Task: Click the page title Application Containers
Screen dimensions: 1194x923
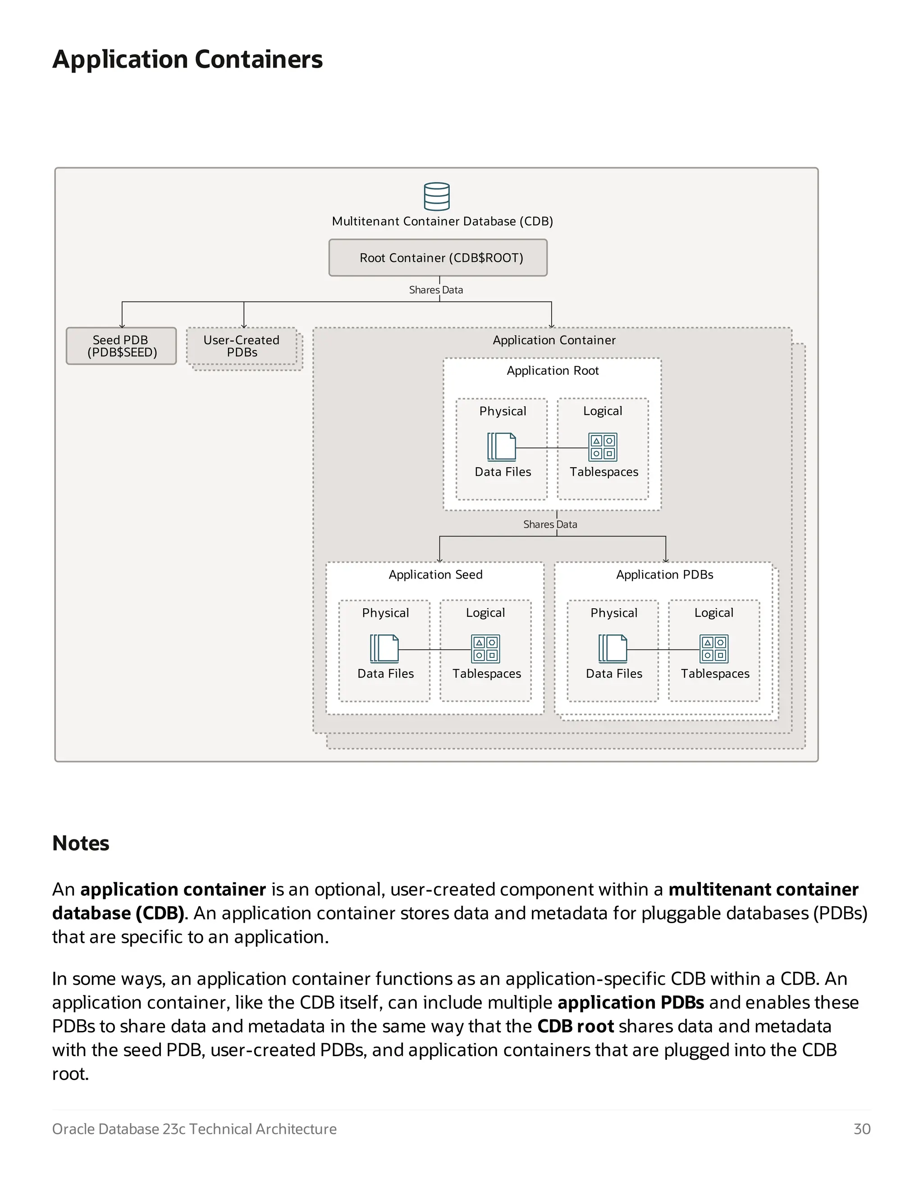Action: [x=187, y=59]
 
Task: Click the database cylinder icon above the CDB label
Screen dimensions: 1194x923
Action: [x=436, y=196]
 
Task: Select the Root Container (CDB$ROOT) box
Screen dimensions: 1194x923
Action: [x=438, y=257]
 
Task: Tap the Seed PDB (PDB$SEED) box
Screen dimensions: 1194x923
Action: [x=121, y=346]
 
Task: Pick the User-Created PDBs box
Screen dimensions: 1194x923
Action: [x=242, y=346]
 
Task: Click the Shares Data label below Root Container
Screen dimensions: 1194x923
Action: [x=436, y=290]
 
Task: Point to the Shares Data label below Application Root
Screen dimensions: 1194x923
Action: [x=550, y=524]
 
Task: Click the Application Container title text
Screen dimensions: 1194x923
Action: [x=554, y=340]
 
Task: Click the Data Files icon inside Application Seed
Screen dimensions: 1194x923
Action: [x=384, y=648]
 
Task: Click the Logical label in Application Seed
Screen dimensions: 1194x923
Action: [x=485, y=613]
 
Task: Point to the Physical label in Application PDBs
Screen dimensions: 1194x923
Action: [x=613, y=613]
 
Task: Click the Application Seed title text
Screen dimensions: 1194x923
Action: [x=435, y=574]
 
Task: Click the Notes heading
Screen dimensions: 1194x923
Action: [x=81, y=843]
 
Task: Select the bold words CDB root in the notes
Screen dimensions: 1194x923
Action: [x=575, y=1026]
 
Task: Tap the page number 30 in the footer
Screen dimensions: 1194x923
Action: [x=862, y=1129]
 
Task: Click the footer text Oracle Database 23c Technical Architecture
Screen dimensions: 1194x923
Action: [x=194, y=1129]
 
